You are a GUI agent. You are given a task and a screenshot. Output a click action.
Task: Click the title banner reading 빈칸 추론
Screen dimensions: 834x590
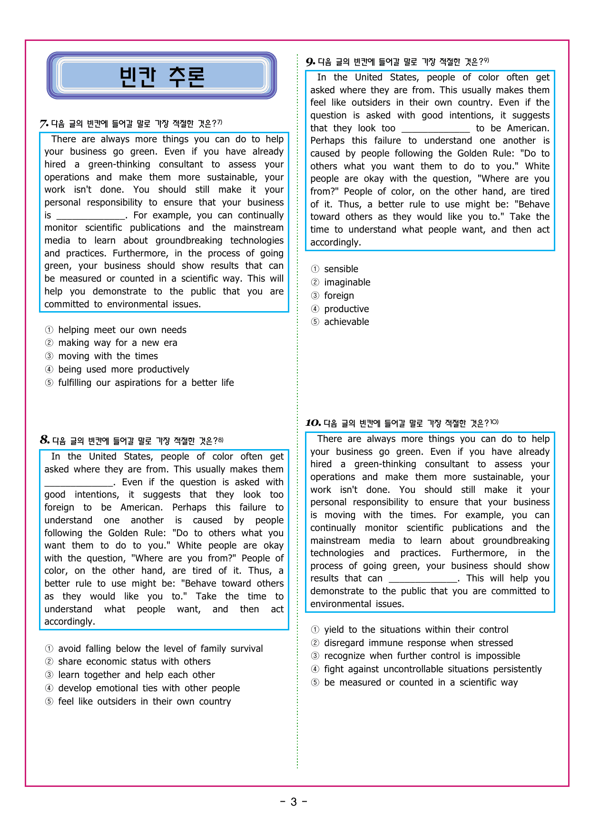click(162, 76)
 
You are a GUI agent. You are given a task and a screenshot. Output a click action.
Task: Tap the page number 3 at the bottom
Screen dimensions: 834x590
click(294, 802)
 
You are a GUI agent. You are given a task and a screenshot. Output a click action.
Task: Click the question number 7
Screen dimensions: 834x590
click(44, 124)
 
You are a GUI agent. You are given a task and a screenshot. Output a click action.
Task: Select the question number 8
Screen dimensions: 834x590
click(45, 440)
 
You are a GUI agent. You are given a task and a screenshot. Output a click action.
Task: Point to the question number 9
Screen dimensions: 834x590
click(310, 62)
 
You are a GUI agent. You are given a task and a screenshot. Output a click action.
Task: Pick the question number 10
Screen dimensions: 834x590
click(313, 423)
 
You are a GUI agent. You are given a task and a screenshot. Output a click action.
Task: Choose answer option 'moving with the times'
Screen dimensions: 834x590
click(108, 356)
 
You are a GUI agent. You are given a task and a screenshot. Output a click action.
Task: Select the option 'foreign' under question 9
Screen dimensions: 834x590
click(339, 296)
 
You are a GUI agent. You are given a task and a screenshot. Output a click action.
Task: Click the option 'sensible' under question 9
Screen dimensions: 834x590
click(341, 269)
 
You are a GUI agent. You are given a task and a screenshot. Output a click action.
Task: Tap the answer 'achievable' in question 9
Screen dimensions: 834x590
click(346, 322)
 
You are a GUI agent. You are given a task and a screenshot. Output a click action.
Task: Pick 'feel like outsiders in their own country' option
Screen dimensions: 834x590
click(144, 702)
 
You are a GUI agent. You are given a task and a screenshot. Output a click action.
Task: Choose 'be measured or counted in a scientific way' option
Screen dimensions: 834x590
click(421, 683)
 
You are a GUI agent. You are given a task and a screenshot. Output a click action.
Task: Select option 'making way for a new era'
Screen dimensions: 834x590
click(118, 343)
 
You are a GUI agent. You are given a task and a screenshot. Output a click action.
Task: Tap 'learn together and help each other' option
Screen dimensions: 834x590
click(136, 675)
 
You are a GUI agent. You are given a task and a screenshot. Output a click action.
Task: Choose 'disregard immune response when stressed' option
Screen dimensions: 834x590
click(418, 643)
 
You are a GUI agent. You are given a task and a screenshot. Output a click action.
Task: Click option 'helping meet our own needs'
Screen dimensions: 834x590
click(122, 330)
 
